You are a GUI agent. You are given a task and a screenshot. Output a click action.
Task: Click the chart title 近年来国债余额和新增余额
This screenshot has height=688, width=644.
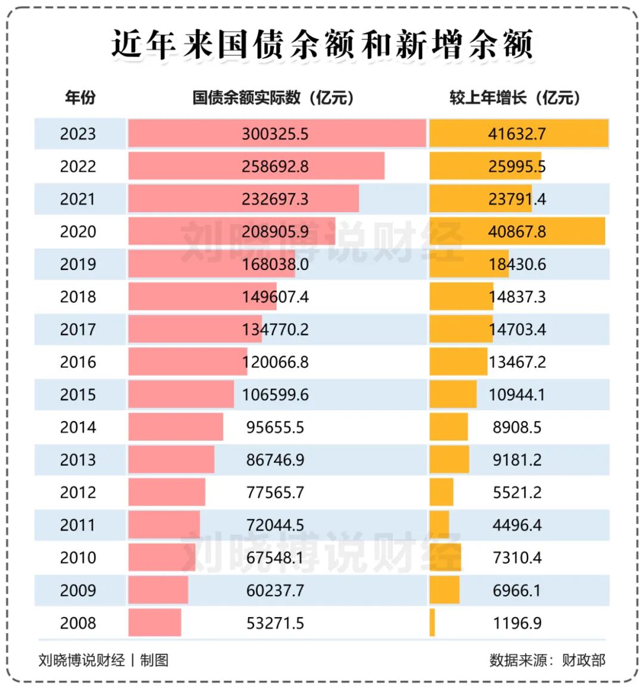[322, 45]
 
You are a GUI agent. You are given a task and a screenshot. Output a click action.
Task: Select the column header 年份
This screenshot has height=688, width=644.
[80, 98]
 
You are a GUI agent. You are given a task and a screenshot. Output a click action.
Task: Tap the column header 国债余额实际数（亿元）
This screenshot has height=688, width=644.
[274, 98]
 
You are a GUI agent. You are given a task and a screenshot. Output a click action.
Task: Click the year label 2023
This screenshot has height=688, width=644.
[78, 134]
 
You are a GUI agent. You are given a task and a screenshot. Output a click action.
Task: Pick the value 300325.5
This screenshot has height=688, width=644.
[275, 134]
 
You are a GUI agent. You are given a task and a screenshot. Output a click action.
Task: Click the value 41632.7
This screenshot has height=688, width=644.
[517, 134]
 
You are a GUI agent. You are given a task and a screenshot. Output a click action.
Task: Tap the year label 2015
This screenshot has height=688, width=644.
[78, 395]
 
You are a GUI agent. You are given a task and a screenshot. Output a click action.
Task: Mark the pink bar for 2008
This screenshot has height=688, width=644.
[154, 623]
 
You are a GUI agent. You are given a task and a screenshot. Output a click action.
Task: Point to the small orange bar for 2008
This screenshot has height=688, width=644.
[432, 623]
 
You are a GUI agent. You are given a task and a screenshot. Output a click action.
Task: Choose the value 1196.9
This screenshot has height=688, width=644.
[517, 623]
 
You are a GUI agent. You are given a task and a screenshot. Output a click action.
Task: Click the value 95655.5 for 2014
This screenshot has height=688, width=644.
[275, 427]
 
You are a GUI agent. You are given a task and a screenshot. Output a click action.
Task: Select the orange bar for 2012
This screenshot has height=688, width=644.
[441, 492]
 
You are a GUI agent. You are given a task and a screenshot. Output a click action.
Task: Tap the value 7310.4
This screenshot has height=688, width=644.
[517, 558]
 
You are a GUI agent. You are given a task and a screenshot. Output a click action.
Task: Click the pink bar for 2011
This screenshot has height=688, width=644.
[164, 525]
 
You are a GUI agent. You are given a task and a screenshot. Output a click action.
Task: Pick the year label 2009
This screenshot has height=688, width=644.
[78, 591]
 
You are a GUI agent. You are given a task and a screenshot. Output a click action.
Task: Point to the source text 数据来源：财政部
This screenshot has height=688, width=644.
[547, 660]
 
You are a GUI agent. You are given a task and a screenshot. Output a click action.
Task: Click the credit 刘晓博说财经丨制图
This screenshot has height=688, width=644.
[103, 660]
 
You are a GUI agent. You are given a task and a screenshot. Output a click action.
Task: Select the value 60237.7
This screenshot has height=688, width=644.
[275, 591]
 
